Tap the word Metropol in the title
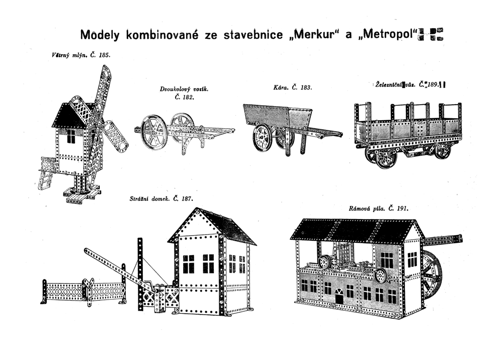pos(385,35)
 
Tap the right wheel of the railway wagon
pos(443,150)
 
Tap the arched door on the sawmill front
pos(339,298)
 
